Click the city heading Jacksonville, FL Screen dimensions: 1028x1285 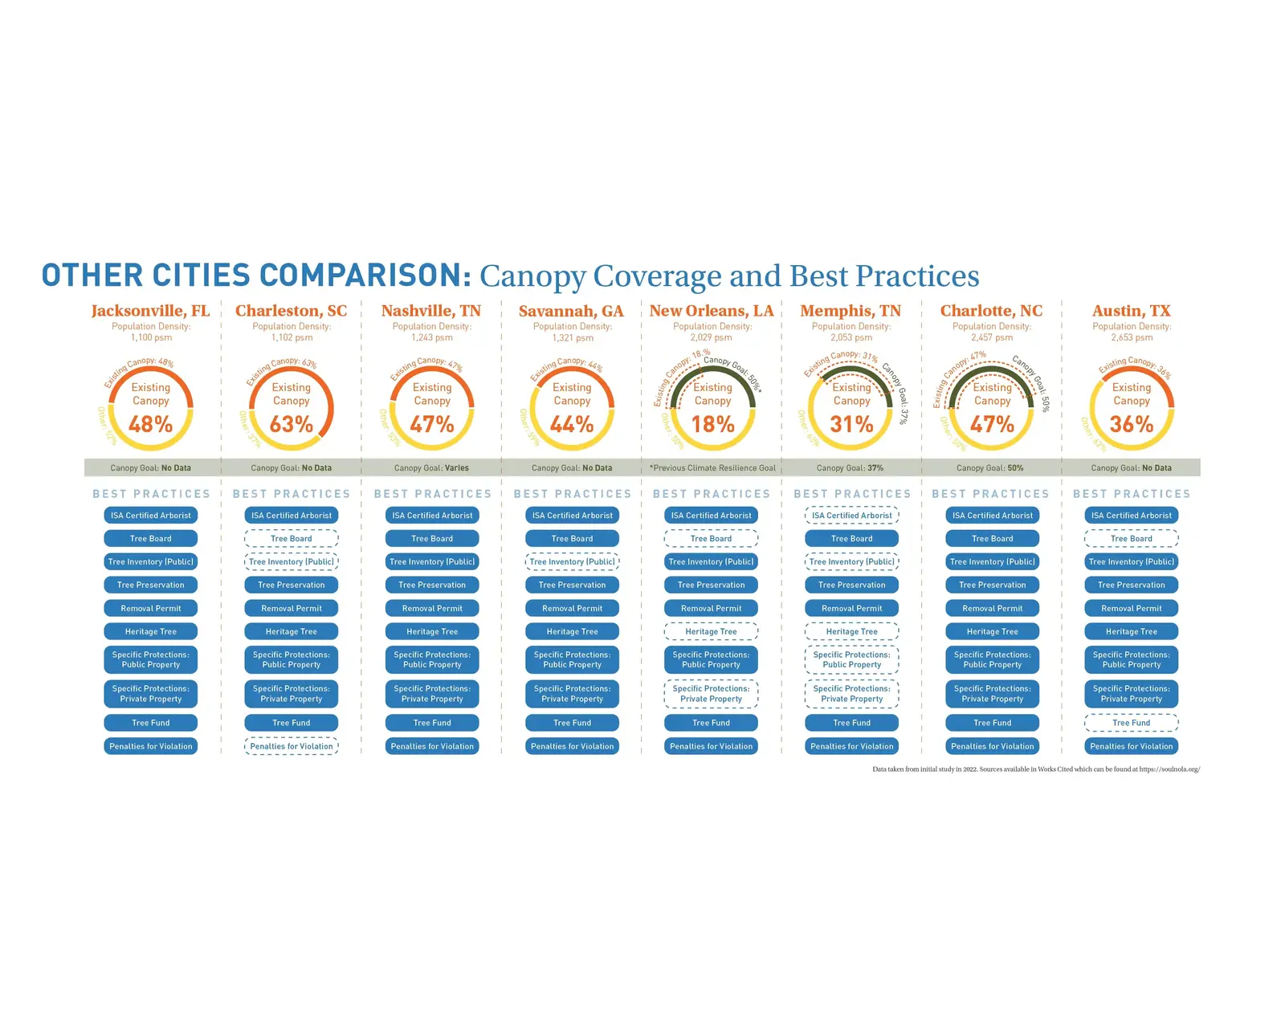pyautogui.click(x=150, y=311)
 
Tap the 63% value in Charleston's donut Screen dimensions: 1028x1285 pyautogui.click(x=292, y=424)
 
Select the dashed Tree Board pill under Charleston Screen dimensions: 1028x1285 pyautogui.click(x=292, y=539)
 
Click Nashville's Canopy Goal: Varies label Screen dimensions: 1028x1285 pyautogui.click(x=432, y=467)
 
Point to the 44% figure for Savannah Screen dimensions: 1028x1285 pyautogui.click(x=572, y=424)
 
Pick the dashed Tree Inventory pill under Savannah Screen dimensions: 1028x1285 pyautogui.click(x=572, y=562)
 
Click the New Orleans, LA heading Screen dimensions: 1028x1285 pyautogui.click(x=712, y=311)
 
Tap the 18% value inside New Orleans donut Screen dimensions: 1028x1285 pyautogui.click(x=712, y=424)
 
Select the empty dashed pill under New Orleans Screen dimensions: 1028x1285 pyautogui.click(x=712, y=539)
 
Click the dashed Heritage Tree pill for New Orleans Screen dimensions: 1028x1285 pyautogui.click(x=712, y=632)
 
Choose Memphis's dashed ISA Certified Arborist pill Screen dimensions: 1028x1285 pyautogui.click(x=852, y=516)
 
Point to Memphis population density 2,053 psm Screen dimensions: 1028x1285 pyautogui.click(x=852, y=337)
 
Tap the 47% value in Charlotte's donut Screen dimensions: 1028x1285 pyautogui.click(x=993, y=424)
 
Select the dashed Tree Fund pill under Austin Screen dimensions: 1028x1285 pyautogui.click(x=1132, y=723)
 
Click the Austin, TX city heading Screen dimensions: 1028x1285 pyautogui.click(x=1132, y=311)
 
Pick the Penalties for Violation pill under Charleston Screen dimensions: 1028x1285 pyautogui.click(x=292, y=746)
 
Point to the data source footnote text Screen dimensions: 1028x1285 pyautogui.click(x=1036, y=769)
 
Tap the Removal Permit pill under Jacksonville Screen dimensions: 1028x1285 pyautogui.click(x=151, y=609)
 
